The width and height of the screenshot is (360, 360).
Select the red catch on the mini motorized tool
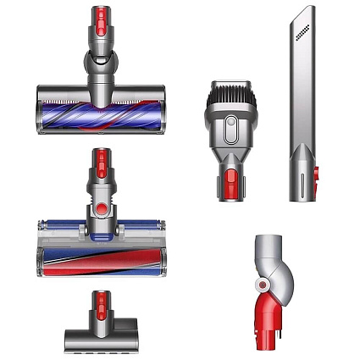point(101,302)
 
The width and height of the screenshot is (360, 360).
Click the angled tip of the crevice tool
point(308,11)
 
